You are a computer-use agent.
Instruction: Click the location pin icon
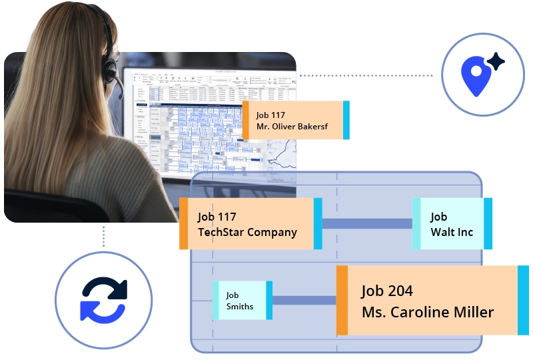(475, 75)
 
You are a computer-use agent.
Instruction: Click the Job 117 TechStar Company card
(251, 224)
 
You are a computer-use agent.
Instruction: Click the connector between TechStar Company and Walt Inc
(367, 223)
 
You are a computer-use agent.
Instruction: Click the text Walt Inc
(452, 233)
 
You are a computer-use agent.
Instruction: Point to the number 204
(400, 291)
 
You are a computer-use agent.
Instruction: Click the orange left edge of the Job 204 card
(342, 300)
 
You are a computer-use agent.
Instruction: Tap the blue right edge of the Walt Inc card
(488, 224)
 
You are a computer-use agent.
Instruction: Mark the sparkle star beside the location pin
(495, 62)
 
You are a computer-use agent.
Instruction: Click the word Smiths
(240, 307)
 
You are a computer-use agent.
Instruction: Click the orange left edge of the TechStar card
(184, 224)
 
